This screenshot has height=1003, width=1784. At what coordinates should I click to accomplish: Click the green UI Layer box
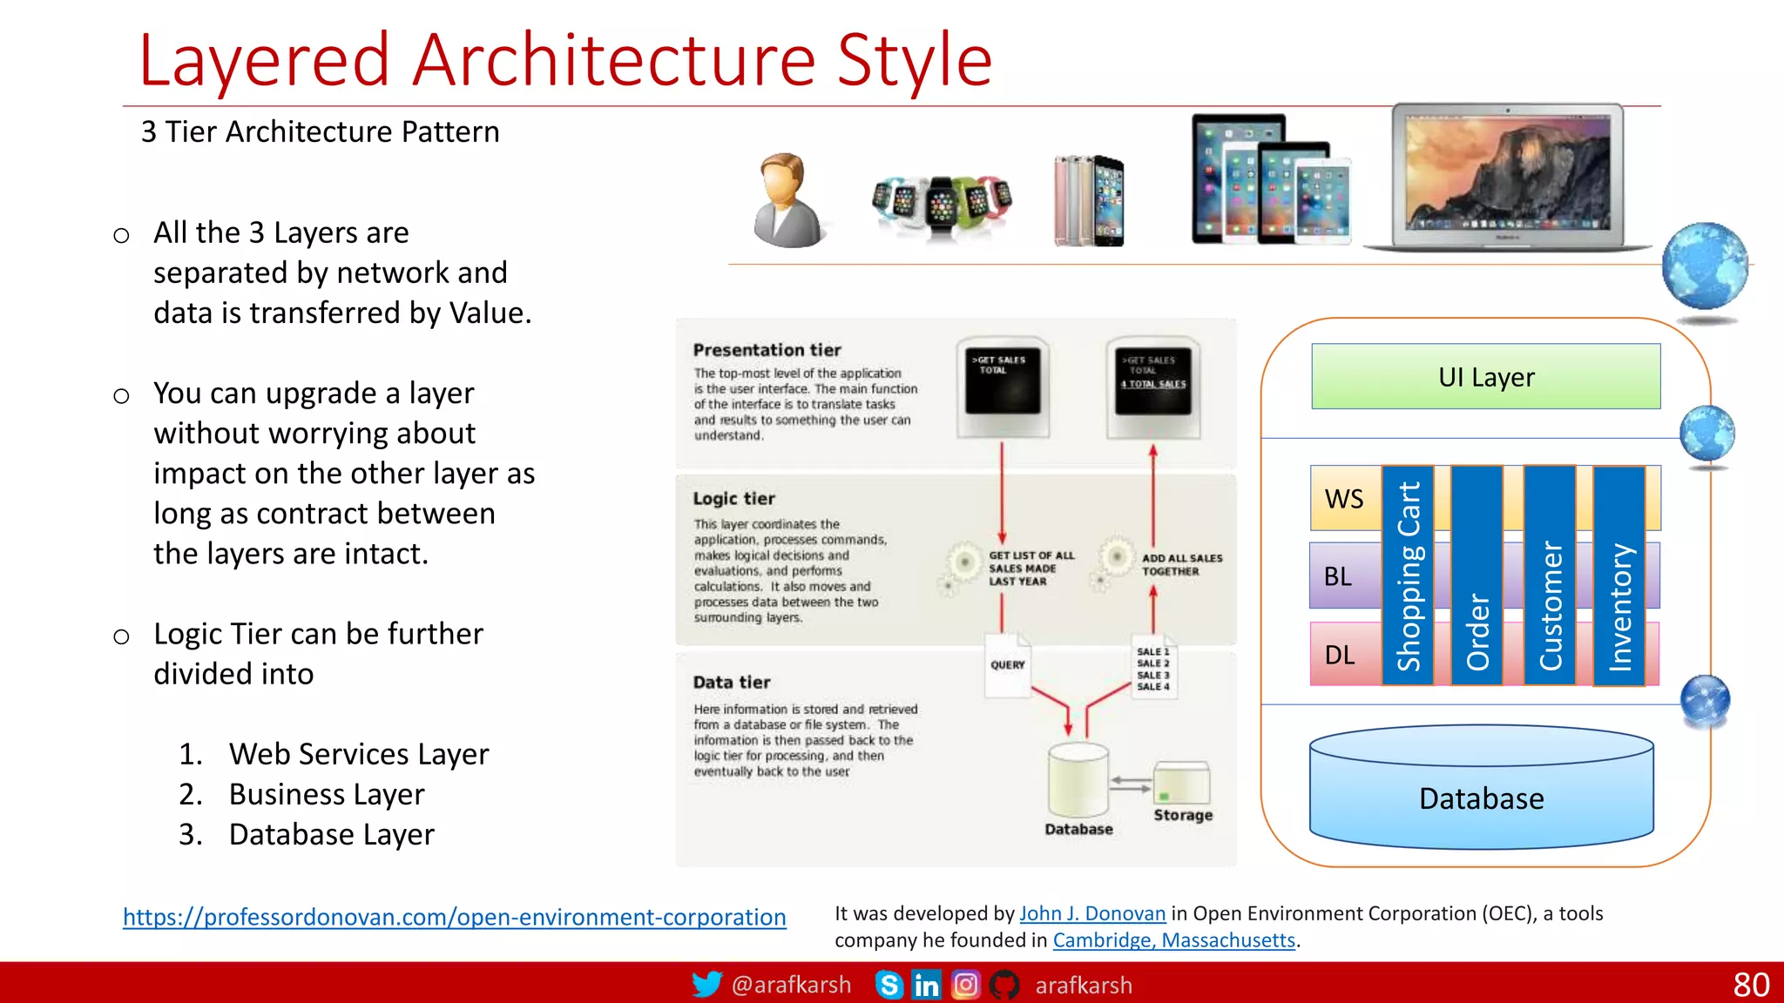[x=1485, y=376]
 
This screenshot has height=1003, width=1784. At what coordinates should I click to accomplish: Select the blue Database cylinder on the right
[x=1481, y=788]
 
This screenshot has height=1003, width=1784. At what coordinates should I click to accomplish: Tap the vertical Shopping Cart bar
[x=1408, y=576]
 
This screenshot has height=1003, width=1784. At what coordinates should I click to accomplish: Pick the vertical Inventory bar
[x=1619, y=576]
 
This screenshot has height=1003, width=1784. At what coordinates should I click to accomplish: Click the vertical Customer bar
[x=1550, y=576]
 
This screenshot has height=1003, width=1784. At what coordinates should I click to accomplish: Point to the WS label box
[x=1344, y=499]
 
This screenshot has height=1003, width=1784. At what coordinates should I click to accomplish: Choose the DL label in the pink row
[x=1340, y=655]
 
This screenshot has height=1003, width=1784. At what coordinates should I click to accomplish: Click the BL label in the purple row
[x=1338, y=576]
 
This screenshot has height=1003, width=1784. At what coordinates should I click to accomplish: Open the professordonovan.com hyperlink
[x=454, y=917]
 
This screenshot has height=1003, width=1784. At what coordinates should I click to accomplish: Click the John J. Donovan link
[x=1092, y=913]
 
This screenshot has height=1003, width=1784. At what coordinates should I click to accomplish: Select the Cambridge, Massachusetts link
[x=1173, y=940]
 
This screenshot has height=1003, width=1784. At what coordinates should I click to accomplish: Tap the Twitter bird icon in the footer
[x=706, y=985]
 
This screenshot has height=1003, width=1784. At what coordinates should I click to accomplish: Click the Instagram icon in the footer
[x=965, y=985]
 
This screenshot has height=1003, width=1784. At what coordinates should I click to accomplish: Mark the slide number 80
[x=1751, y=985]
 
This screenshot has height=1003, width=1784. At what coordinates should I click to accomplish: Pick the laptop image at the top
[x=1508, y=178]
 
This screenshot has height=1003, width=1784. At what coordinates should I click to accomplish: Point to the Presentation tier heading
[x=767, y=350]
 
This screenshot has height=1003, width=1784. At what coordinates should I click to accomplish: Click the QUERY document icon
[x=1008, y=665]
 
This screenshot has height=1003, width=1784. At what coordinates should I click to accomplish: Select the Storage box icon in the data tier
[x=1181, y=783]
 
